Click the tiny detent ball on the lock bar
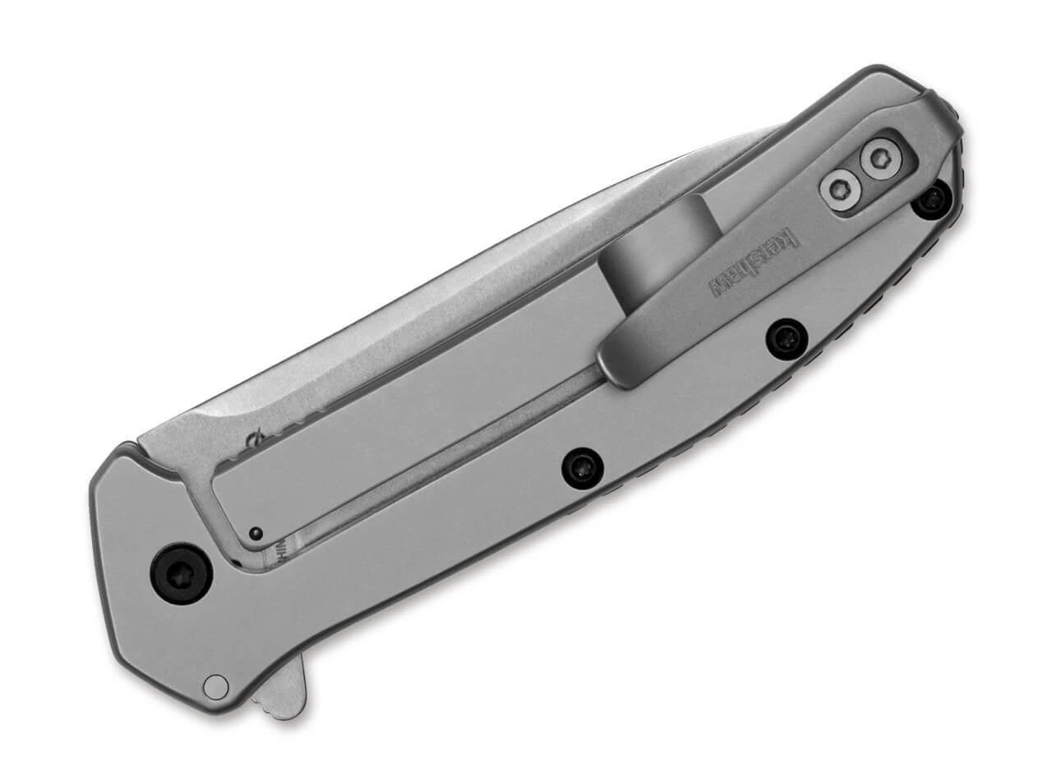(256, 533)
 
